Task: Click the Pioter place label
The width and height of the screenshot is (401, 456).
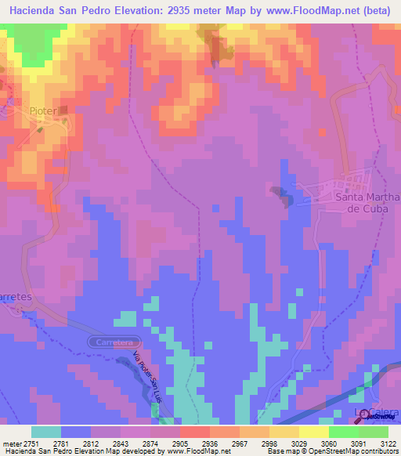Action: (43, 111)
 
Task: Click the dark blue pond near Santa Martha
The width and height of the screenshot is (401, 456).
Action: (280, 194)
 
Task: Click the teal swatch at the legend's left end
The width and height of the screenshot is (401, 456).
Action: (46, 432)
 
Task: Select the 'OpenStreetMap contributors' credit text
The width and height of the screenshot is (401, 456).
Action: (358, 451)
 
